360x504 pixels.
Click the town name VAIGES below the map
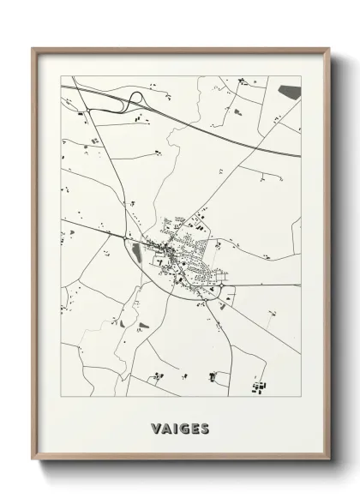click(x=180, y=427)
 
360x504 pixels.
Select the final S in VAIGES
click(x=205, y=427)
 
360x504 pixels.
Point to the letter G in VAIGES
click(x=183, y=427)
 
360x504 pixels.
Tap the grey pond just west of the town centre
click(x=136, y=252)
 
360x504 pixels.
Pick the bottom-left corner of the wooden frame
click(x=33, y=463)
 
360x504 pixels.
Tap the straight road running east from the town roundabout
click(x=266, y=285)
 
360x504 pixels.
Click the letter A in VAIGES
click(x=166, y=427)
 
